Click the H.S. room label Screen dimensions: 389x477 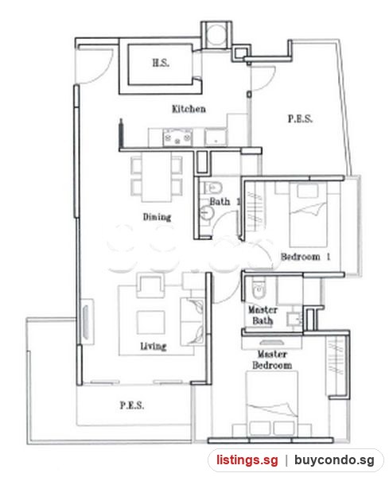[161, 63]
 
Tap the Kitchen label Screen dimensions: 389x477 [189, 109]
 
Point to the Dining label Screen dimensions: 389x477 [157, 217]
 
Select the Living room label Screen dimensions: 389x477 [153, 346]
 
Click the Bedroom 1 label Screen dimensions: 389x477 [305, 257]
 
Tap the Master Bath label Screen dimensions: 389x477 [263, 315]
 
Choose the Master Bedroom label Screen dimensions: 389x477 [272, 359]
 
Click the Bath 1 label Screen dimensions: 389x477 [224, 201]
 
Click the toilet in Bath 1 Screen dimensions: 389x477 [212, 188]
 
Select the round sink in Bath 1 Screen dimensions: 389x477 [208, 212]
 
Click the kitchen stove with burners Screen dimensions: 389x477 [177, 137]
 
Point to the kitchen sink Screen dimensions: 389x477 [216, 138]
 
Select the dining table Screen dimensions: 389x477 [157, 177]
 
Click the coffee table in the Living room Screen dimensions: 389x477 [150, 322]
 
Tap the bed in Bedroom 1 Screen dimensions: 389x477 [308, 215]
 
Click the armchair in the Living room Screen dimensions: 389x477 [149, 285]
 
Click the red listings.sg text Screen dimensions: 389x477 [247, 460]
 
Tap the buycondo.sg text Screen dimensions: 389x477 [334, 460]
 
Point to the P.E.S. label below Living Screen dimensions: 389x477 [132, 405]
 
